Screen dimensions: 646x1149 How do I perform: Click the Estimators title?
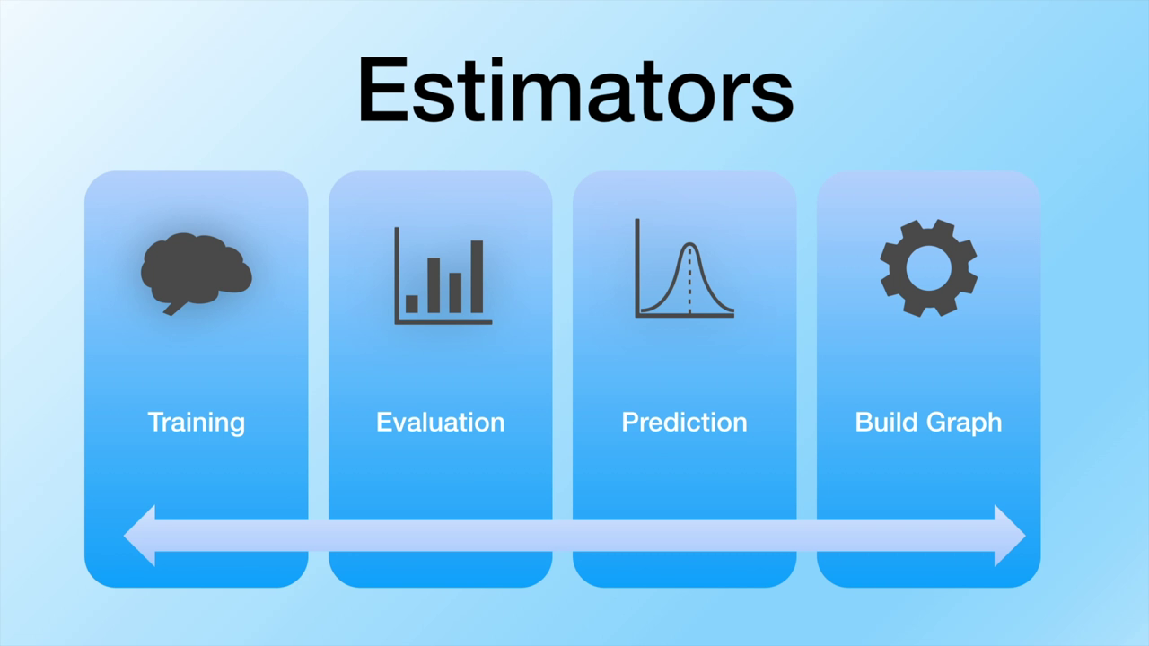[x=574, y=90]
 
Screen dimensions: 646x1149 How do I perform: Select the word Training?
[x=196, y=422]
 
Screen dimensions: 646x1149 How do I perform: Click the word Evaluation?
[x=440, y=422]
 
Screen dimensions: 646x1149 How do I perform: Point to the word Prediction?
[x=684, y=422]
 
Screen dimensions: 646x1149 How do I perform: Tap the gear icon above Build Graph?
[x=928, y=267]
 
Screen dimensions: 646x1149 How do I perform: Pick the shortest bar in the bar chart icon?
[x=412, y=304]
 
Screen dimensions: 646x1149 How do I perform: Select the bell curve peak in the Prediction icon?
[x=689, y=245]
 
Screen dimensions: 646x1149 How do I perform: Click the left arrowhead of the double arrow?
[x=141, y=535]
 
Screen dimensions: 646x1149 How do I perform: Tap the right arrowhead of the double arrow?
[x=1009, y=535]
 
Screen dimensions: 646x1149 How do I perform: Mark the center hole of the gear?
[x=928, y=267]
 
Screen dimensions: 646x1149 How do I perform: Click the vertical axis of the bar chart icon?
[x=397, y=274]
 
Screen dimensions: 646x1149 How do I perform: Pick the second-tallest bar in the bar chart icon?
[x=434, y=285]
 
